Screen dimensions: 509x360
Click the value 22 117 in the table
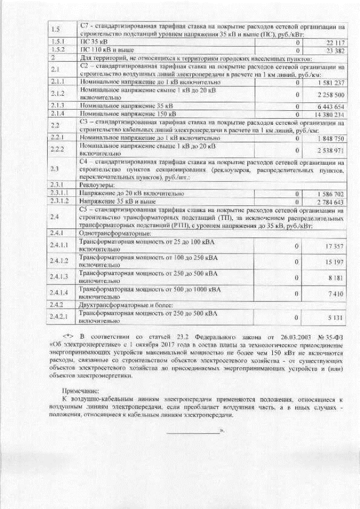(x=334, y=42)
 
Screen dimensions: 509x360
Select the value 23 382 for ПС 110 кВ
(x=334, y=50)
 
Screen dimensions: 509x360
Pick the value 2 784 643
(x=331, y=202)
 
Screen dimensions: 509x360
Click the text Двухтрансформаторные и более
(x=121, y=304)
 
